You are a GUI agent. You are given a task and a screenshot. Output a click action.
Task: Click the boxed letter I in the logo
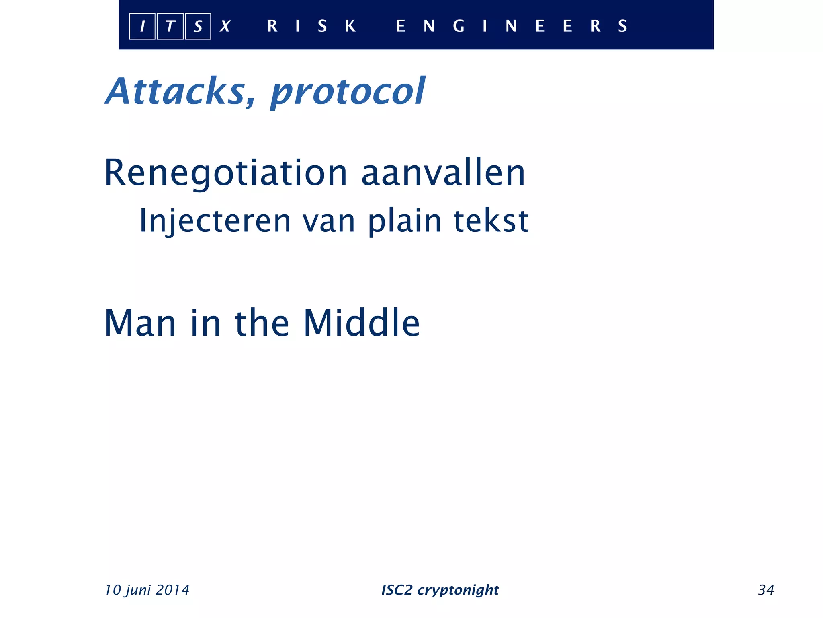[x=142, y=27]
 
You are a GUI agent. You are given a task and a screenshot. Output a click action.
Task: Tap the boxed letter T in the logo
[x=170, y=27]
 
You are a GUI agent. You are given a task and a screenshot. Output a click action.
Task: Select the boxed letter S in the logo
[x=198, y=27]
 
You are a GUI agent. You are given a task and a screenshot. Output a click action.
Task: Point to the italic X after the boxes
[x=225, y=27]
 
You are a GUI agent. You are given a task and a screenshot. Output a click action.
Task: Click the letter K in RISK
[x=350, y=26]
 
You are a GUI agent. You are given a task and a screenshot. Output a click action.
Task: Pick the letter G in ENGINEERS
[x=459, y=26]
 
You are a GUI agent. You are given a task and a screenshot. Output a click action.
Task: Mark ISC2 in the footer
[x=397, y=590]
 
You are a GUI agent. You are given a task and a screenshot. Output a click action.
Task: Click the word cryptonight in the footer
[x=458, y=590]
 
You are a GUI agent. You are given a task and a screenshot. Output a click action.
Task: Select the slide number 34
[x=766, y=590]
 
